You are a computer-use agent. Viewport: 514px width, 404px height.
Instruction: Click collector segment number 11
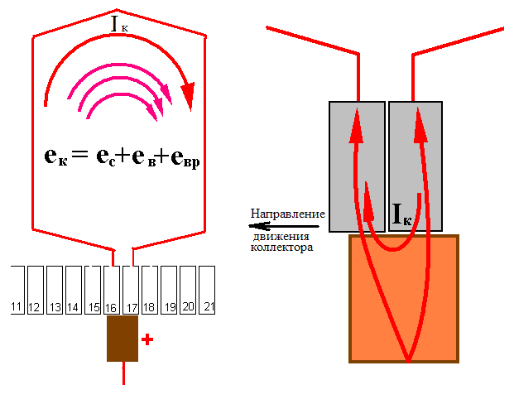coord(17,290)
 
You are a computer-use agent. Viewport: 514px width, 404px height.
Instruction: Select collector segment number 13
coord(55,290)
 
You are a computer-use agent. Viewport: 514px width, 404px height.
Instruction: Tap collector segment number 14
coord(74,290)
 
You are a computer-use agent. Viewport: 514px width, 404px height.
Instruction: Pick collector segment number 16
coord(112,290)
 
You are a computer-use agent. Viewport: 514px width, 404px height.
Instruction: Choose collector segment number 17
coord(131,290)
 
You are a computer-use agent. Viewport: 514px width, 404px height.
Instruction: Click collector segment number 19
coord(169,290)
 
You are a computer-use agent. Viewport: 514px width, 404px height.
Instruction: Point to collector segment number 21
coord(207,290)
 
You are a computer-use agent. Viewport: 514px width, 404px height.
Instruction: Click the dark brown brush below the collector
coord(122,339)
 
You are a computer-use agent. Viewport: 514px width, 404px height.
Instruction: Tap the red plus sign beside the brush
coord(147,339)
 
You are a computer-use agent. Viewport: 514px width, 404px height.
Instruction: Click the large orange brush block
coord(404,299)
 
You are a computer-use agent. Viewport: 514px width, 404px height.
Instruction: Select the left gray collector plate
coord(357,166)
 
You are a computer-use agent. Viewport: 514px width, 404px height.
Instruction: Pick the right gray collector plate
coord(416,166)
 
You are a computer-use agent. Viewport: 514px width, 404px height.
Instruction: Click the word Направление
coord(288,214)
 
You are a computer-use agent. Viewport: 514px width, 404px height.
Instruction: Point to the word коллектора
coord(281,247)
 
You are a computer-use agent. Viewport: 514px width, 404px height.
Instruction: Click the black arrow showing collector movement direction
coord(284,226)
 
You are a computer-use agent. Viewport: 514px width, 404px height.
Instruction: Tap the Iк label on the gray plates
coord(401,214)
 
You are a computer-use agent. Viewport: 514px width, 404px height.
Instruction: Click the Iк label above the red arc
coord(119,24)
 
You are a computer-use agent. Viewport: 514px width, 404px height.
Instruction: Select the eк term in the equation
coord(55,156)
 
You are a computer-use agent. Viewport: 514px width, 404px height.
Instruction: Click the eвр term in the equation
coord(185,158)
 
